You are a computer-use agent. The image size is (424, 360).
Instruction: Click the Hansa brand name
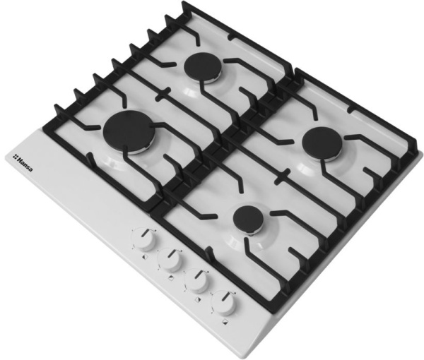(x=25, y=164)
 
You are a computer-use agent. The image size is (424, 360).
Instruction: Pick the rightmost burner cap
(x=322, y=145)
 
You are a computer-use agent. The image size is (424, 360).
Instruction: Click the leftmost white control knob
(x=143, y=239)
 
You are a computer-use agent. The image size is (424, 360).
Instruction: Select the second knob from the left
(x=170, y=260)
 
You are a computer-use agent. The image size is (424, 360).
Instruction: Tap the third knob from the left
(x=196, y=282)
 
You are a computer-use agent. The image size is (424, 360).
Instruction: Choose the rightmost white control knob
(x=223, y=304)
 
